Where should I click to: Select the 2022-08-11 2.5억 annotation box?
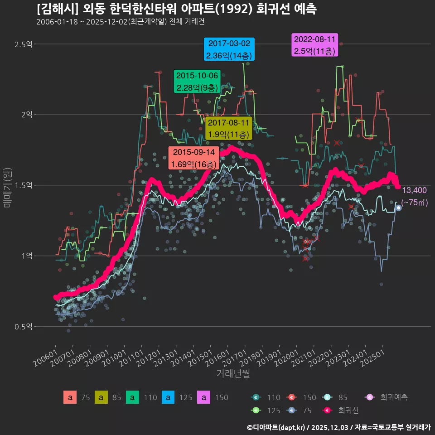point(314,45)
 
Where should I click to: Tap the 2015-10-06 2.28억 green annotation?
point(197,82)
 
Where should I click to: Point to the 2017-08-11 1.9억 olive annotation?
point(228,129)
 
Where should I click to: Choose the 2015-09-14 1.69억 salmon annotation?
point(193,158)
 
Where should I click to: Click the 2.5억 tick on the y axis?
point(23,44)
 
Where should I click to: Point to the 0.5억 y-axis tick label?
point(23,327)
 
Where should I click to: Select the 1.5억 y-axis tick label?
point(23,185)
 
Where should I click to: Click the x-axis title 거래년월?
point(233,374)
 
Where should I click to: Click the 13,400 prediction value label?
point(414,190)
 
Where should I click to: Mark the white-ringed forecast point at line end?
point(398,208)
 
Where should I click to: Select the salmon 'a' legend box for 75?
point(70,397)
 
